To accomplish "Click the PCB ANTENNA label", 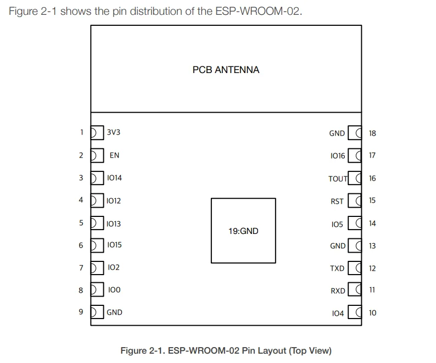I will point(226,70).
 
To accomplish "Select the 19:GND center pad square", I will point(243,231).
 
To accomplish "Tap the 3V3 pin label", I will point(114,132).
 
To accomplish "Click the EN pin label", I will point(114,155).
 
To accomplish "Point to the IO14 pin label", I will point(114,178).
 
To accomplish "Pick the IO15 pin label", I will point(114,245).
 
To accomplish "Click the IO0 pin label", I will point(114,290).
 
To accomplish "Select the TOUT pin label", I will point(338,179).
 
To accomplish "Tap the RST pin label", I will point(337,202).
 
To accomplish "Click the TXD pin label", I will point(337,269).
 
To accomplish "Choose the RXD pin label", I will point(338,291).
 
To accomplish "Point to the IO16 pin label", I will point(338,156).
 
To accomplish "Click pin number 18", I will point(372,133).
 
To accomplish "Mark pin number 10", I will point(372,313).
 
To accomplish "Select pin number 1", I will point(81,132).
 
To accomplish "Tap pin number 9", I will point(81,312).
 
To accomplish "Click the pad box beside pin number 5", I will point(97,223).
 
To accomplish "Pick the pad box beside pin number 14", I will point(356,224).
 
